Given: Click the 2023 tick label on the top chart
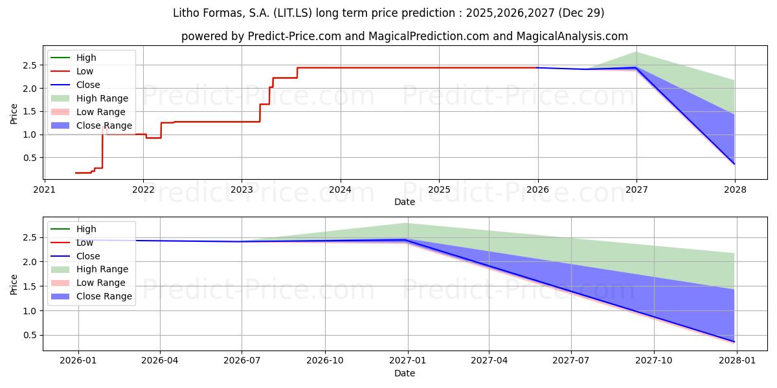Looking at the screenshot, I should (242, 190).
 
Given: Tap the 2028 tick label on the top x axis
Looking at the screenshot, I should (735, 190).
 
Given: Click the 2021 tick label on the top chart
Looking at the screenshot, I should (44, 190).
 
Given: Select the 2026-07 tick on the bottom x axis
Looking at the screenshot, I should (242, 361).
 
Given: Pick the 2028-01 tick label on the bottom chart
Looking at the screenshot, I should (734, 361).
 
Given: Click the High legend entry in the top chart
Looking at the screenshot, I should (86, 58).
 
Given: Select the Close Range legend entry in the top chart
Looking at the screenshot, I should (104, 125).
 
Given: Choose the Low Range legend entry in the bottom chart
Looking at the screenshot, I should (101, 283).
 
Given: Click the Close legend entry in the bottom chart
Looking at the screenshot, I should (88, 256).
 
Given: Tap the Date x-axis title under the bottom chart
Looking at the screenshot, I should (405, 373).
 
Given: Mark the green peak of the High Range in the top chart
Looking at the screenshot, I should (636, 52).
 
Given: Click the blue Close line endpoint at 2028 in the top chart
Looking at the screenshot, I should (734, 164).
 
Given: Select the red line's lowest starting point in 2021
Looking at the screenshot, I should (76, 173).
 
